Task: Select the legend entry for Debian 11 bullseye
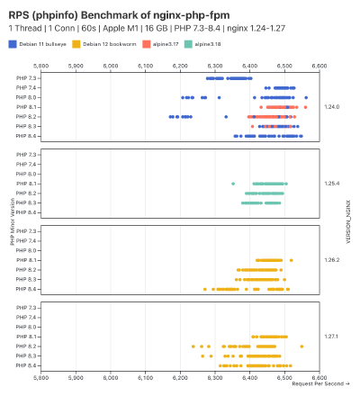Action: [41, 43]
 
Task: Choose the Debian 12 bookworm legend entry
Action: [112, 43]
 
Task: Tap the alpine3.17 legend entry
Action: [166, 43]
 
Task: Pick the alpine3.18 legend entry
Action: [209, 43]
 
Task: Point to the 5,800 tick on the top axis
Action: [41, 66]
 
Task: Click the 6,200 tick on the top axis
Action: [181, 66]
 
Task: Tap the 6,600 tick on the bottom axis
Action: [319, 378]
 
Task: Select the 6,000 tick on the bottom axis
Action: [111, 378]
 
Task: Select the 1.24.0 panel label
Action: [330, 107]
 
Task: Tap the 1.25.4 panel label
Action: [330, 184]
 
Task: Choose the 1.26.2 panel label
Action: [330, 260]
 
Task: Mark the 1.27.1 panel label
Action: [330, 337]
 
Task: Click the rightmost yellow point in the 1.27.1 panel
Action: [301, 346]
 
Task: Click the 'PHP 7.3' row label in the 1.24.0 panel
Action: [27, 78]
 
